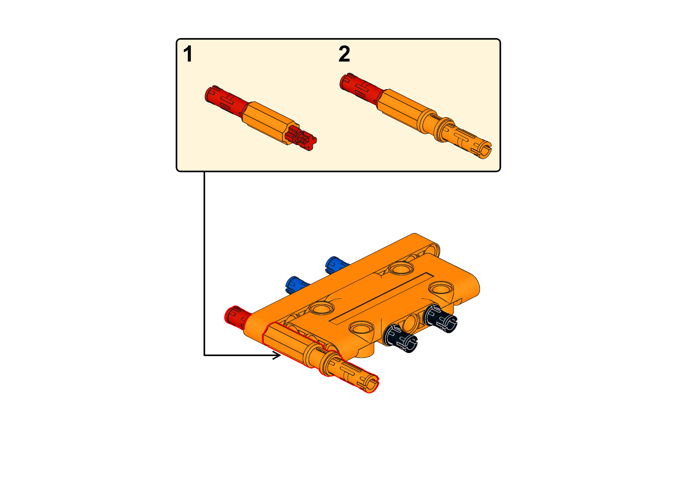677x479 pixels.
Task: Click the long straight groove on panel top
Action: click(381, 298)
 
